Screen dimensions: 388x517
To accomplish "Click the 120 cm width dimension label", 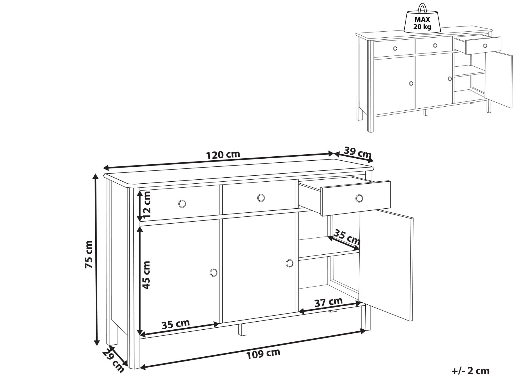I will (223, 155).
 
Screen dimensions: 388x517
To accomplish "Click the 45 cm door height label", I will (146, 275).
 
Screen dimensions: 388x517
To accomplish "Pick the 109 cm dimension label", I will (263, 354).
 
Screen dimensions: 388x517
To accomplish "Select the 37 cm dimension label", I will (329, 302).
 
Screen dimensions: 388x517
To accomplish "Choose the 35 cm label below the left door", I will (175, 324).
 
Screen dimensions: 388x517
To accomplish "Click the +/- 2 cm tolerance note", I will (470, 371).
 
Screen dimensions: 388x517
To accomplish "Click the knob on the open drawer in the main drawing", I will (359, 198).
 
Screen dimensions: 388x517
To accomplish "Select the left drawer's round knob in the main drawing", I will (182, 203).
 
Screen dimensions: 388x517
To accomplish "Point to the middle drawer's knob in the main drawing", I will (261, 197).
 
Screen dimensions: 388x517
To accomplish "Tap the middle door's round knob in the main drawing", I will (290, 263).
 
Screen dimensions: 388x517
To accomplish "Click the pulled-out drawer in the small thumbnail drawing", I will (483, 45).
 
